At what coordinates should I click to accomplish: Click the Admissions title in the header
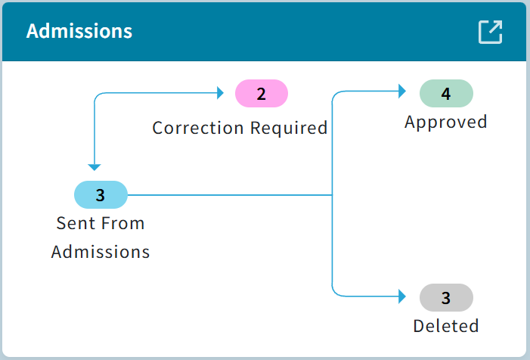(x=79, y=31)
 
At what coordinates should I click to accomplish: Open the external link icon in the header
(x=490, y=32)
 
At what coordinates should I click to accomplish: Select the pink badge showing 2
(x=262, y=94)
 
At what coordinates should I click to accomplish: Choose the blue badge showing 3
(x=101, y=195)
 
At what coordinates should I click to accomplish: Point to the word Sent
(x=74, y=224)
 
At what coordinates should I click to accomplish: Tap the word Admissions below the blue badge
(x=101, y=252)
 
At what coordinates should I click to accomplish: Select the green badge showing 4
(x=446, y=94)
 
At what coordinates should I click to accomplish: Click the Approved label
(x=446, y=122)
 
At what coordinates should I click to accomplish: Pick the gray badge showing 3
(x=446, y=297)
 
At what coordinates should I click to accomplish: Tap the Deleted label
(x=446, y=326)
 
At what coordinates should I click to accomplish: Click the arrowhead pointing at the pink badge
(x=221, y=93)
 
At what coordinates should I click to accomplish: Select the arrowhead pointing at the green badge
(x=402, y=92)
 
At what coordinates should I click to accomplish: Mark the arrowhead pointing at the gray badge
(x=402, y=297)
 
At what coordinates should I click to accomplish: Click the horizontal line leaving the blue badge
(x=227, y=195)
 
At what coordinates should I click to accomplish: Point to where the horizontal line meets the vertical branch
(x=333, y=195)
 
